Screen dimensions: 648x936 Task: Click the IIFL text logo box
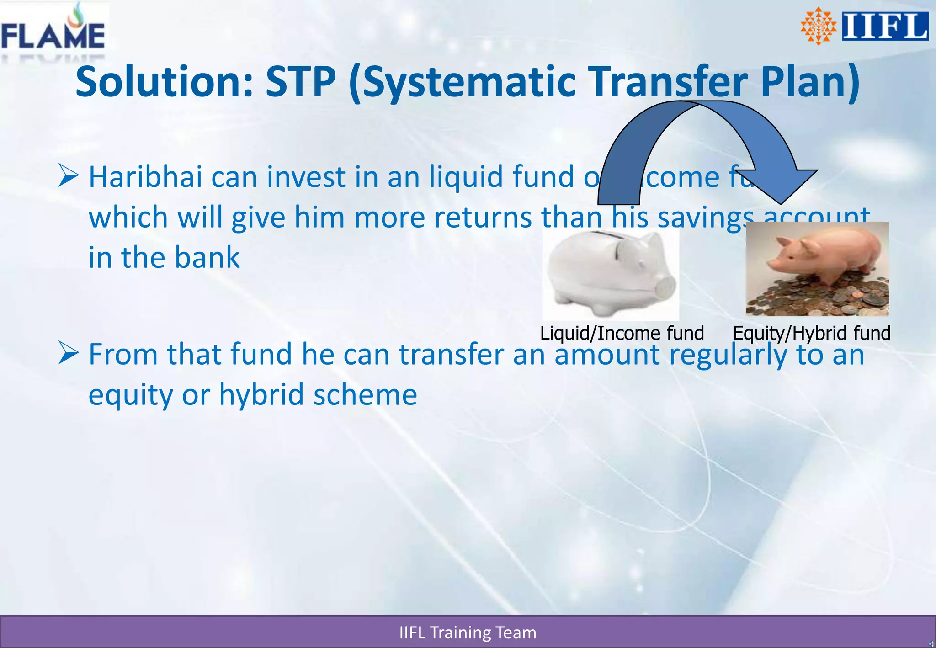click(x=885, y=26)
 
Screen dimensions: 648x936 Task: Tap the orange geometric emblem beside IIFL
click(x=818, y=27)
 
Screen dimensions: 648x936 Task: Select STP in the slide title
click(x=300, y=82)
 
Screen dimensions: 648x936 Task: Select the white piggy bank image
click(x=611, y=274)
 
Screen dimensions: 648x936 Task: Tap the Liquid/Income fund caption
click(x=622, y=333)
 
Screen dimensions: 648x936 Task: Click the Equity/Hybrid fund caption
click(x=812, y=333)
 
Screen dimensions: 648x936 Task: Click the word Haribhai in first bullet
click(x=145, y=177)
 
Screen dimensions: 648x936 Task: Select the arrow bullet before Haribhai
click(x=69, y=176)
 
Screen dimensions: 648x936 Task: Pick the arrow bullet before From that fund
click(x=69, y=353)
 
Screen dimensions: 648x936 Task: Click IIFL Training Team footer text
click(x=468, y=632)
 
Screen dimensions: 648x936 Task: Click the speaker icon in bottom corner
click(x=931, y=644)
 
